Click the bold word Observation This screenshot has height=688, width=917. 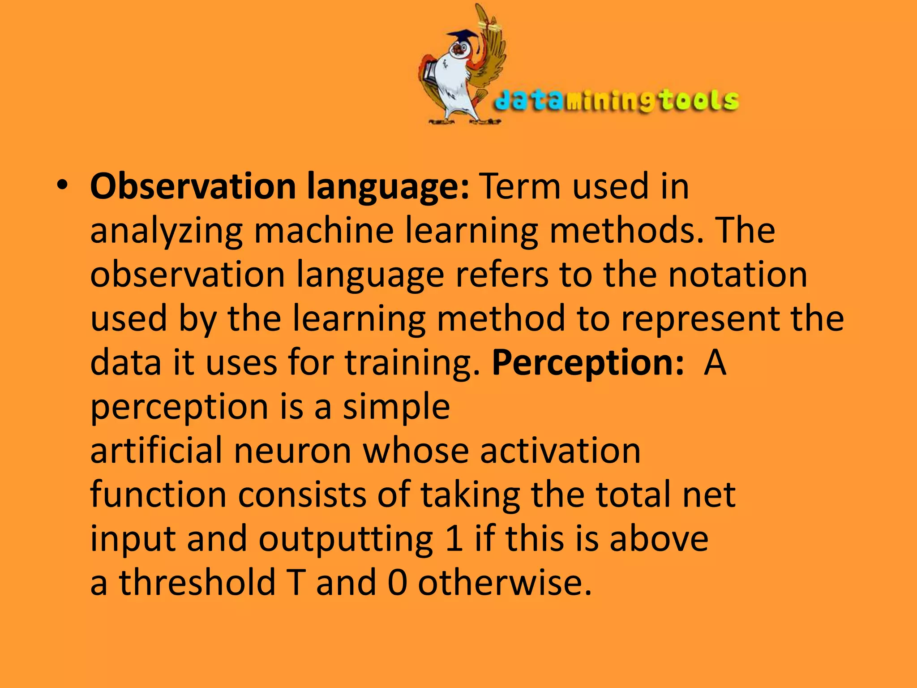pos(193,186)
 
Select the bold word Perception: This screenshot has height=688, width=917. pos(587,363)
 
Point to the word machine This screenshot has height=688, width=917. pos(323,230)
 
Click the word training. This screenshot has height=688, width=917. pos(412,363)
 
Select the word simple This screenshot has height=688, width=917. pos(396,407)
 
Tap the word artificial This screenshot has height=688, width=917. pos(156,450)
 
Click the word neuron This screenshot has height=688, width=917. pos(292,450)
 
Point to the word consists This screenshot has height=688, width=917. pos(301,494)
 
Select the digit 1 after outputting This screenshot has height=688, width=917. pos(454,538)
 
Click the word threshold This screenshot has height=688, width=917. pos(197,582)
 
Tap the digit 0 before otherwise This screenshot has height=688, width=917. pos(397,582)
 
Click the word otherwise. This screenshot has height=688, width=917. pos(505,582)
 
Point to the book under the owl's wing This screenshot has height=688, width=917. pos(430,74)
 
